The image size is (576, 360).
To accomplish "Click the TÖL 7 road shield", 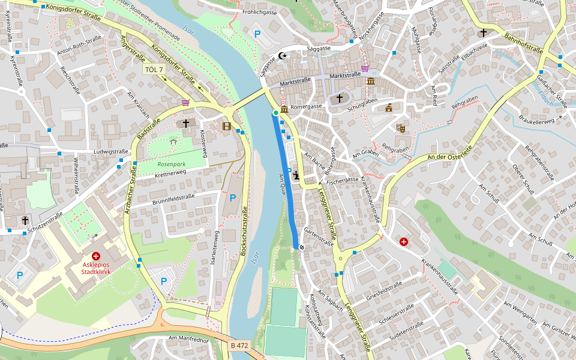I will pyautogui.click(x=154, y=70).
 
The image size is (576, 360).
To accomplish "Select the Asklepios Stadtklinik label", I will pyautogui.click(x=96, y=268).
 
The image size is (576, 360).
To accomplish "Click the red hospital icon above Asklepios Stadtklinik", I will pyautogui.click(x=96, y=256).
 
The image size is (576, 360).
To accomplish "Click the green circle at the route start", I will pyautogui.click(x=275, y=112).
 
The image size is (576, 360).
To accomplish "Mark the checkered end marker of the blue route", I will pyautogui.click(x=296, y=247).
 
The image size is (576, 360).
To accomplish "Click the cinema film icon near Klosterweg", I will pyautogui.click(x=226, y=126).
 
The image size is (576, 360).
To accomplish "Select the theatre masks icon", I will pyautogui.click(x=400, y=128).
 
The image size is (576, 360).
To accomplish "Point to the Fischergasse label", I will pyautogui.click(x=342, y=179).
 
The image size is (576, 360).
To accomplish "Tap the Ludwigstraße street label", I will pyautogui.click(x=111, y=152).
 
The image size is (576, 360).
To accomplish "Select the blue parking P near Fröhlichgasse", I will pyautogui.click(x=257, y=34).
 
